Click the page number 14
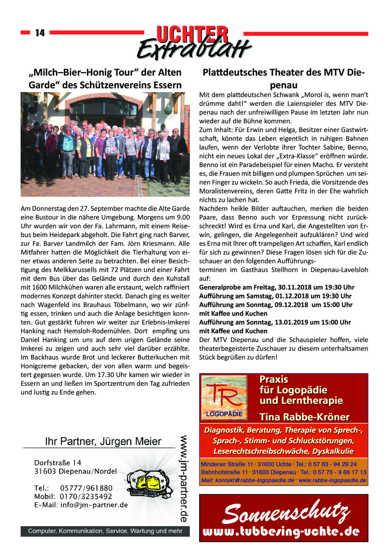click(x=40, y=33)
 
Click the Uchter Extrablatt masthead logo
click(x=194, y=41)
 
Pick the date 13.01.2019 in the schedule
click(x=291, y=322)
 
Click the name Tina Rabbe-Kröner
click(x=304, y=417)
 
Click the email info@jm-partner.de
click(x=94, y=505)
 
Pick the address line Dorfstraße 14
click(x=58, y=463)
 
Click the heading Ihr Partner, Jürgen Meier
click(x=103, y=441)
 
